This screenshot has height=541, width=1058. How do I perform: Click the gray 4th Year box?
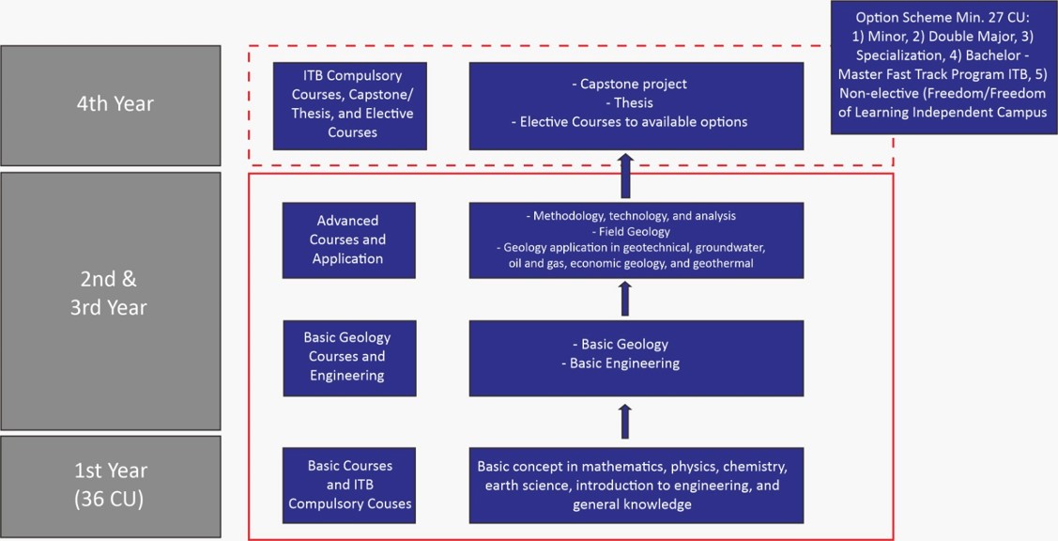click(111, 104)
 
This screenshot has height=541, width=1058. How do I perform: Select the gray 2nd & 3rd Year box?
click(111, 300)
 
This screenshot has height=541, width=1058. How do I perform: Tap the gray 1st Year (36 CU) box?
click(111, 486)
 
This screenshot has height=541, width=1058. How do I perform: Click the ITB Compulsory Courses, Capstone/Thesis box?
click(350, 104)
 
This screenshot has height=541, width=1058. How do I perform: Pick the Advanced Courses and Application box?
click(348, 240)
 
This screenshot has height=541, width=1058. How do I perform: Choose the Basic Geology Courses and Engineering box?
click(348, 357)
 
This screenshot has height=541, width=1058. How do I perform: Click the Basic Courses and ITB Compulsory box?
click(349, 485)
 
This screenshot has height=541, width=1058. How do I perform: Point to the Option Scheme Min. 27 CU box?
click(943, 67)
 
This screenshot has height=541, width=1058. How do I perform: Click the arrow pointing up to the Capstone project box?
click(625, 176)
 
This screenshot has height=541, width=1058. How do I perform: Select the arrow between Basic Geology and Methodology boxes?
click(625, 299)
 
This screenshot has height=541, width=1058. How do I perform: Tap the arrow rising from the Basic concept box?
click(625, 420)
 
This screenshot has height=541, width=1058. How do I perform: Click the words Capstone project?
click(635, 84)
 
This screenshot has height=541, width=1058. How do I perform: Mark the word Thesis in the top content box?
click(635, 102)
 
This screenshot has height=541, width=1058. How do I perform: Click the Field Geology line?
click(634, 232)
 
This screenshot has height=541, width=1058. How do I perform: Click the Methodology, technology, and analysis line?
click(635, 216)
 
